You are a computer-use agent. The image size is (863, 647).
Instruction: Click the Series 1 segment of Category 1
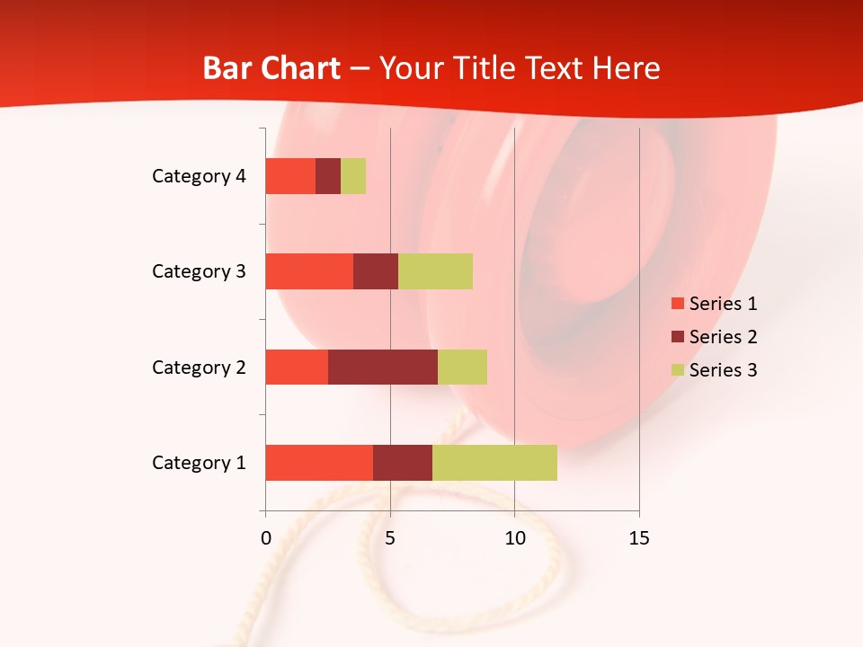pos(319,463)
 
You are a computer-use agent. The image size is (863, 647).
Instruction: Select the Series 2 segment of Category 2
pos(383,367)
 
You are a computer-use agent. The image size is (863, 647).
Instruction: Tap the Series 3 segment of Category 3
pos(435,271)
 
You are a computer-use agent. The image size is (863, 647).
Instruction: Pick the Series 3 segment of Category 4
pos(353,176)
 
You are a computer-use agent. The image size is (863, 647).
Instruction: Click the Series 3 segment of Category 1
pos(494,463)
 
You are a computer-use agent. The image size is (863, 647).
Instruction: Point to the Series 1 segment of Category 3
pos(309,271)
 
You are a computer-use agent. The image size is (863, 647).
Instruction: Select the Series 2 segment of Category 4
pos(328,176)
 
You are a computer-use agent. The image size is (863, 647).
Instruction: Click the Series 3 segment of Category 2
pos(462,367)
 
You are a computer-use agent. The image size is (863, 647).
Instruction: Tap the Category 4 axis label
pos(199,176)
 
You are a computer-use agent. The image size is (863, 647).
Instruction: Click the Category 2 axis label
pos(199,367)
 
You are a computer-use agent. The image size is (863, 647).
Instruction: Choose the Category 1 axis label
pos(199,463)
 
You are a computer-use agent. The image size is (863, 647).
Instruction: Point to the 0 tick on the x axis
pos(265,538)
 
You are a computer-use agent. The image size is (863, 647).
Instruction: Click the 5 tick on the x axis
pos(390,538)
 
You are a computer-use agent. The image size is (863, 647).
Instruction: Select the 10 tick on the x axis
pos(514,538)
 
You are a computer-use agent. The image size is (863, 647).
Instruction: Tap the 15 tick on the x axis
pos(639,538)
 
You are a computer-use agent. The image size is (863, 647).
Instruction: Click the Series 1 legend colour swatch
pos(677,304)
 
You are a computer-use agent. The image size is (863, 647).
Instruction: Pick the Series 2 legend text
pos(723,337)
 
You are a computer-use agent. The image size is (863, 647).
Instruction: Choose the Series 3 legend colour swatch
pos(677,370)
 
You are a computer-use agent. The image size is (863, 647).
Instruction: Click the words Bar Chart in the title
pos(271,68)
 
